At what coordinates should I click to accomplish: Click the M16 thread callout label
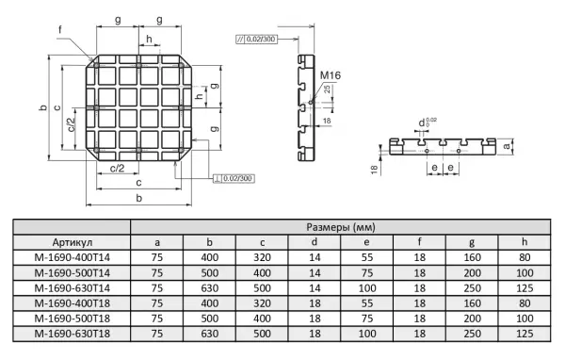point(331,75)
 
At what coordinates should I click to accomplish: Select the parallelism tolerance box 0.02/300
point(256,39)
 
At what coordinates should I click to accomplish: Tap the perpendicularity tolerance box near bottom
point(234,178)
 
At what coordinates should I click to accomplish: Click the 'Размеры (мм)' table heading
point(341,227)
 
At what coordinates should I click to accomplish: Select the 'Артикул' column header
point(73,242)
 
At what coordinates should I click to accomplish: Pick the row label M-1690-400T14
point(73,257)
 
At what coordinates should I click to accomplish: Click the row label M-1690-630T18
point(73,334)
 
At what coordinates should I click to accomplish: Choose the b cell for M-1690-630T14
point(210,288)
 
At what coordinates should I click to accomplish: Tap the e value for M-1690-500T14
point(367,273)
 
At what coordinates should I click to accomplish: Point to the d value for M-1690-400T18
point(315,303)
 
